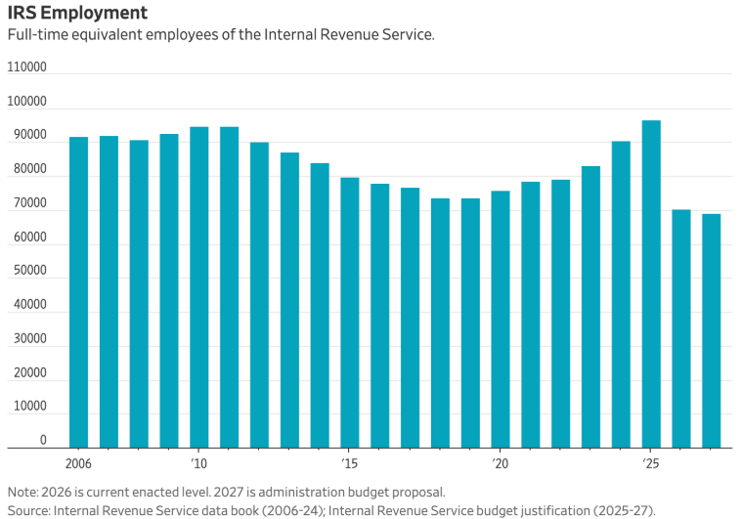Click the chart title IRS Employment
[x=78, y=13]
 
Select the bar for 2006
[x=78, y=292]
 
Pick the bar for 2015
[x=349, y=313]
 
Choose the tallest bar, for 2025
[x=650, y=283]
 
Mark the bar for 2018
[x=440, y=323]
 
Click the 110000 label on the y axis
[x=27, y=67]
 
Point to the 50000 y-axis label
[x=27, y=272]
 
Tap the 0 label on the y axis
[x=43, y=441]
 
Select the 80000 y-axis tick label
[x=27, y=169]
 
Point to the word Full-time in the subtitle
[x=36, y=35]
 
